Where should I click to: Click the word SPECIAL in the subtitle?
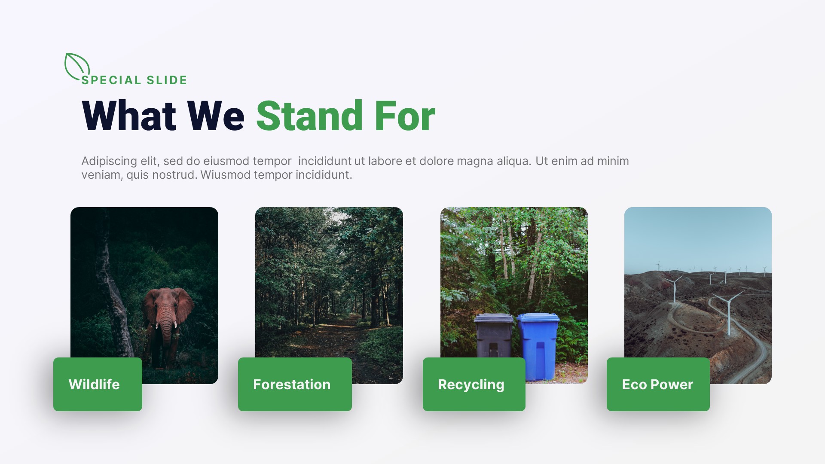coord(111,80)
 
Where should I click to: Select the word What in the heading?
coord(128,116)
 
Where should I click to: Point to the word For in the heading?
coord(405,116)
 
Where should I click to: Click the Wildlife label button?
coord(98,384)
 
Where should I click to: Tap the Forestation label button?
coord(295,384)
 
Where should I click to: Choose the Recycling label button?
coord(474,384)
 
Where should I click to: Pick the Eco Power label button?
coord(658,384)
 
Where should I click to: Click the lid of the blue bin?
coord(538,318)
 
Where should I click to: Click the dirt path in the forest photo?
coord(339,339)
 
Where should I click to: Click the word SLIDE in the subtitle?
coord(167,80)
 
